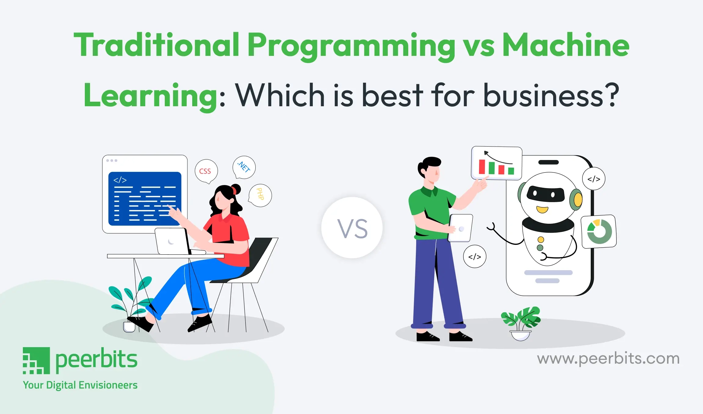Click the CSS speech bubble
[206, 171]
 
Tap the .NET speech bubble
[244, 167]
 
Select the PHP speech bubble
[260, 195]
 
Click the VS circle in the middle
[352, 228]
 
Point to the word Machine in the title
[566, 45]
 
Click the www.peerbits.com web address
[608, 358]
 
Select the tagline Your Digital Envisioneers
[80, 385]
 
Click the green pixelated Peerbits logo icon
[36, 361]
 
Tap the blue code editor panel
[145, 199]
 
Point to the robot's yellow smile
[542, 209]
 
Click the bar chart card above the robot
[497, 163]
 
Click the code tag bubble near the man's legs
[475, 256]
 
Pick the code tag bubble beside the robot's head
[594, 179]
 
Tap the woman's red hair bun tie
[234, 190]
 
